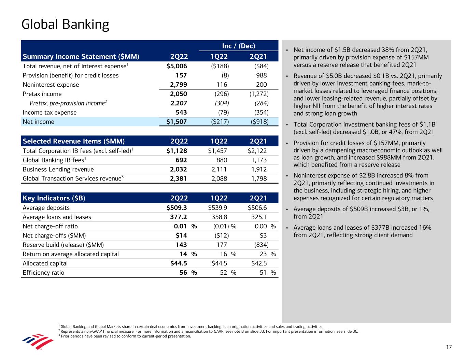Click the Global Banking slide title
[65, 25]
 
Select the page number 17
[449, 347]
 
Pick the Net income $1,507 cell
[174, 122]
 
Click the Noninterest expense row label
[51, 85]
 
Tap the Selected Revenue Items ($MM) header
[74, 141]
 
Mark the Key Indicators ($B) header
[54, 198]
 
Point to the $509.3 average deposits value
[174, 208]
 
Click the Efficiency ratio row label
[43, 273]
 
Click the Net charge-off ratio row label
[50, 226]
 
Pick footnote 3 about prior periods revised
[125, 336]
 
